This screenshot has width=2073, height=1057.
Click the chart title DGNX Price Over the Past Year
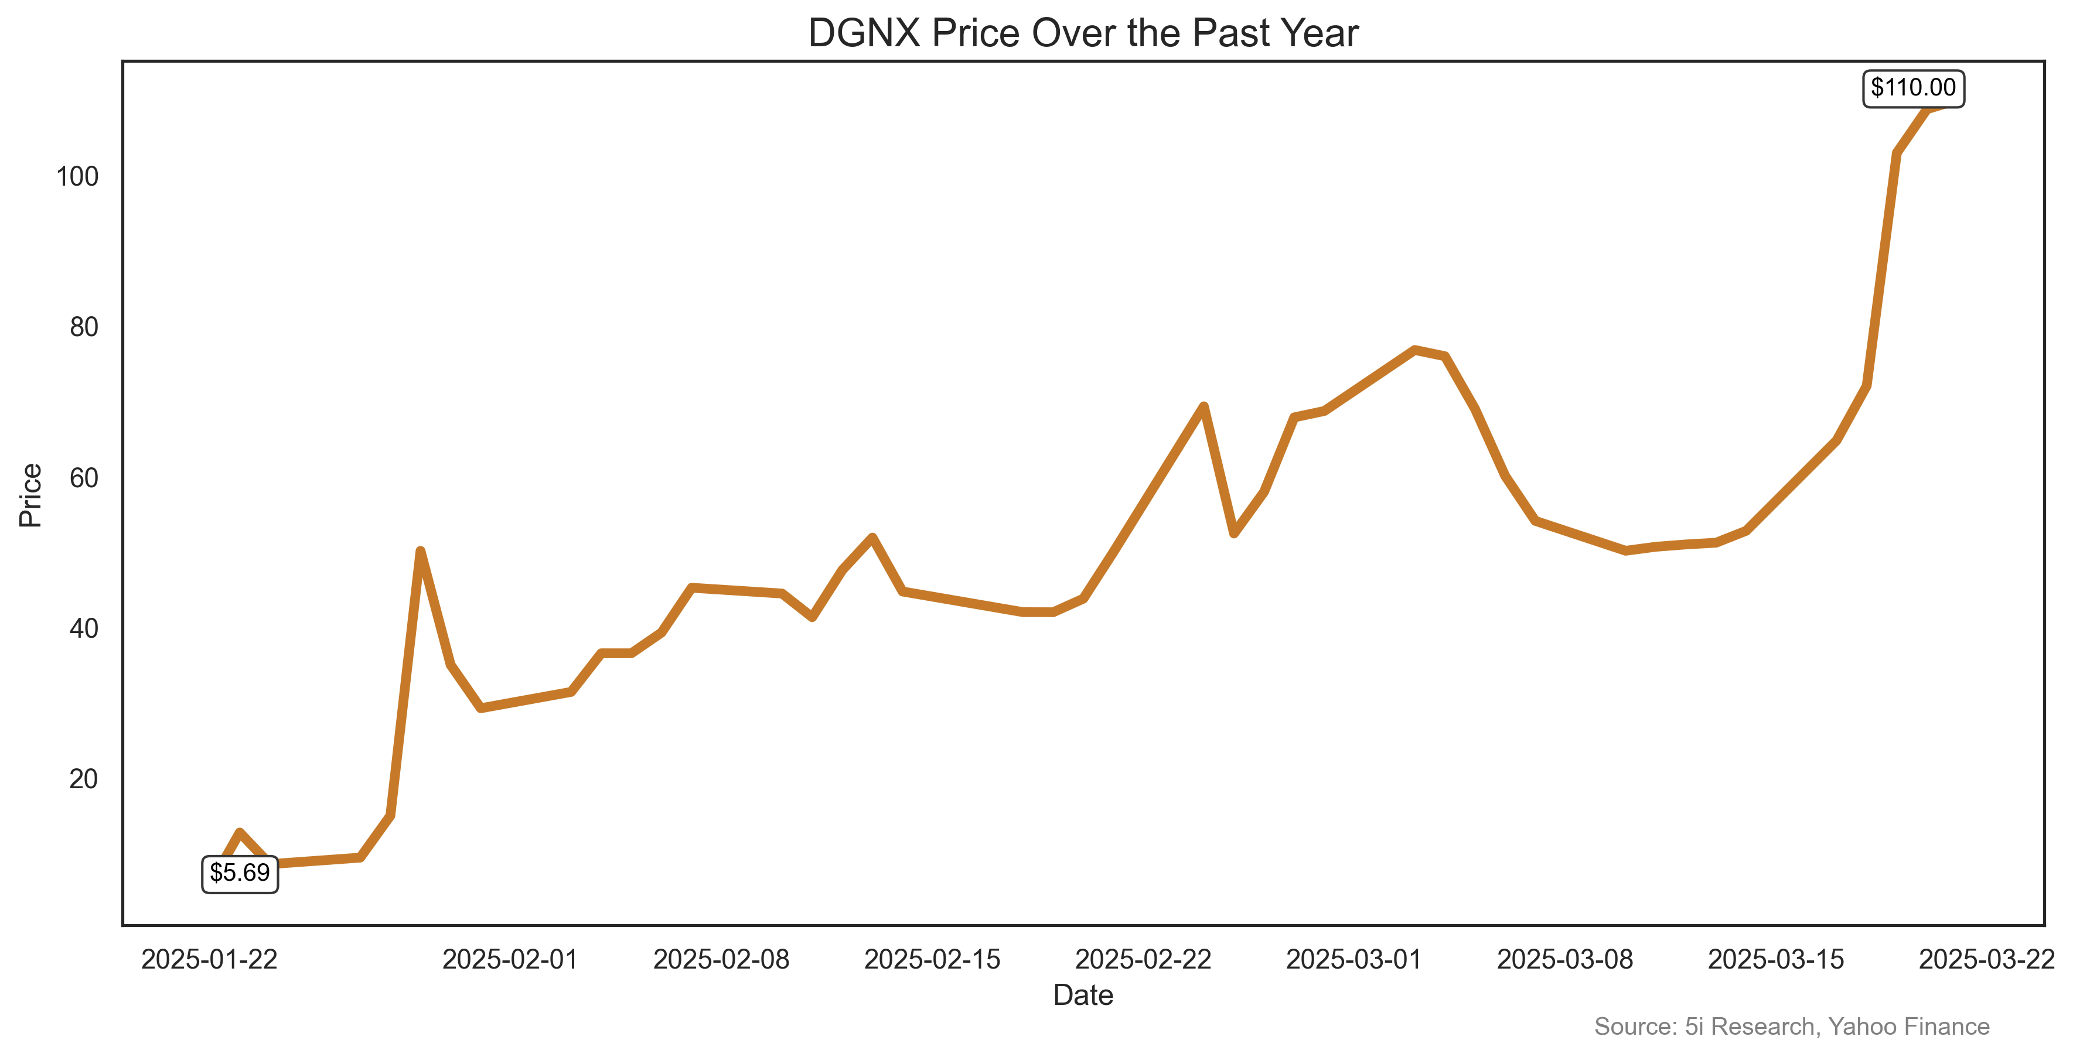click(1083, 34)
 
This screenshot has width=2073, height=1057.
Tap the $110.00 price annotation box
click(1913, 88)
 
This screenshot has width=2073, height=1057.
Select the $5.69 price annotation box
click(240, 873)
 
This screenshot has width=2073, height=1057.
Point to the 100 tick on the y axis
click(77, 177)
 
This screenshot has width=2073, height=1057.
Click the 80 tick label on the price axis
click(84, 327)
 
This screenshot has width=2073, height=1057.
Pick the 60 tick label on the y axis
click(84, 478)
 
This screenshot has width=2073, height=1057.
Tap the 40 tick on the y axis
click(84, 628)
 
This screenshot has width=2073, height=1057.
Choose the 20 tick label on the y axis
click(84, 779)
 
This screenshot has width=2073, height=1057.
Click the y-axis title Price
click(30, 495)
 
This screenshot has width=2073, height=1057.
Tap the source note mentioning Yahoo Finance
click(1791, 1027)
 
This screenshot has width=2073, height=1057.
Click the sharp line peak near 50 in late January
click(420, 552)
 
